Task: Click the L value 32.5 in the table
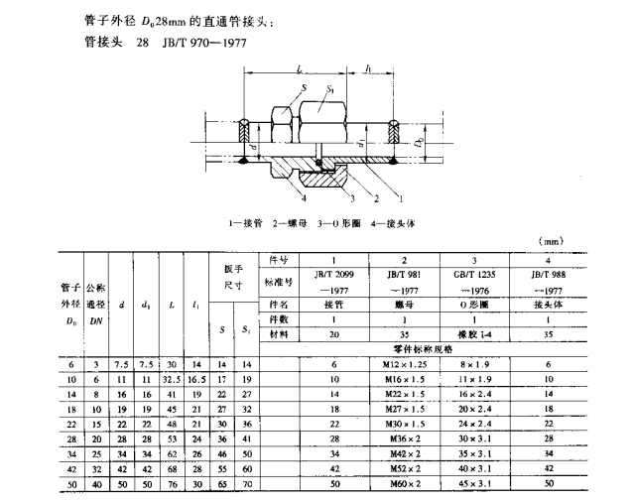172,379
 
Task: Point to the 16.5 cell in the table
196,379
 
